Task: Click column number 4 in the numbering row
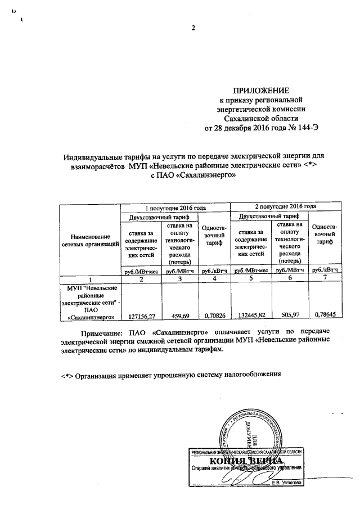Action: (x=214, y=280)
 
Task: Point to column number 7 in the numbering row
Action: (x=325, y=280)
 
